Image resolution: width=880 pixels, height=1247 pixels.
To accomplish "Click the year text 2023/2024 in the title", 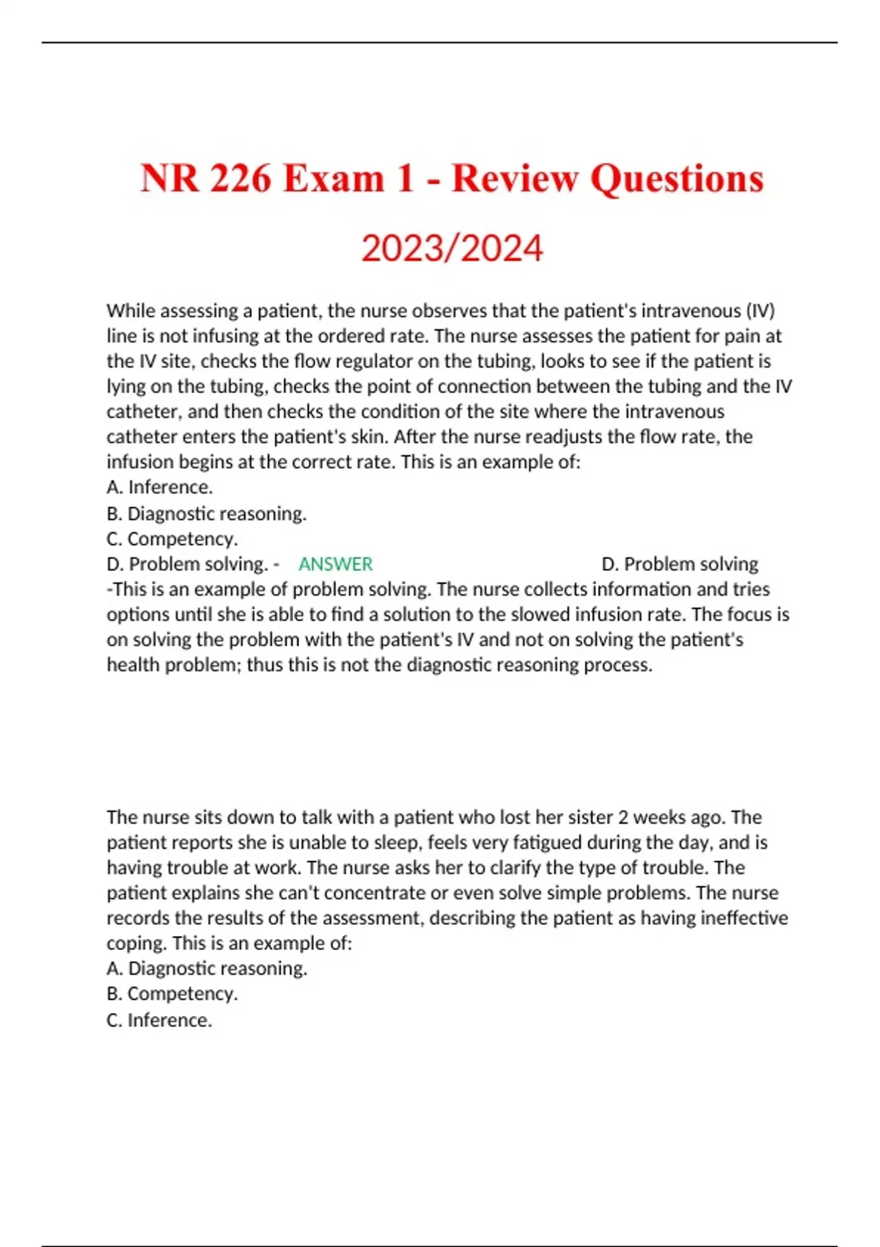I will click(452, 248).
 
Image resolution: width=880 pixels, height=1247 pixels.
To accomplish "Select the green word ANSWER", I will click(335, 564).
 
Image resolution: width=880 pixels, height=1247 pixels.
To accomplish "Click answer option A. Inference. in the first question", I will click(159, 487).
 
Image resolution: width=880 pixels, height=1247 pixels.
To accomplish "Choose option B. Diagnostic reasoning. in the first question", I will click(206, 513).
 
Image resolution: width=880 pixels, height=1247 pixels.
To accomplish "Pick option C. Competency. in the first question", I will click(172, 538).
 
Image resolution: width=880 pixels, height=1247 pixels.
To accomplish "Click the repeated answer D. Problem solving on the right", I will click(679, 564).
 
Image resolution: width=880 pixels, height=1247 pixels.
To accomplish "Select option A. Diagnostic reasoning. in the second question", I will click(206, 968).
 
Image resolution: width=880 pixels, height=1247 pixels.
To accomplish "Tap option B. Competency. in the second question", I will click(172, 993).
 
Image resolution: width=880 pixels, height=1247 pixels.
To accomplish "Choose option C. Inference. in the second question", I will click(159, 1020).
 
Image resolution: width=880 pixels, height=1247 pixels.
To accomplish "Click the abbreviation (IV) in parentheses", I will click(760, 311).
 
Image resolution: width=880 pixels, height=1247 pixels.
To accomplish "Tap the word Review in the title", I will click(515, 178).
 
